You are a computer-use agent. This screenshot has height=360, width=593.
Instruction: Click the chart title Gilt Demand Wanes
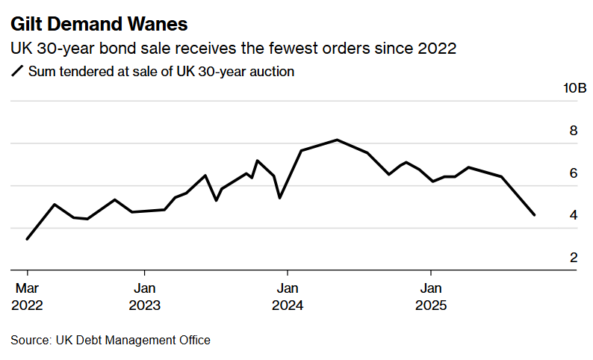(99, 25)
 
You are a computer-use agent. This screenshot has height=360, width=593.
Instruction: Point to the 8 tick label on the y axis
(574, 131)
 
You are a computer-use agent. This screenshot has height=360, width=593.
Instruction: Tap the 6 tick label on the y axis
(574, 173)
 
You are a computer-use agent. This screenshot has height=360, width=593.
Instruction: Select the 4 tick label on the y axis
(574, 215)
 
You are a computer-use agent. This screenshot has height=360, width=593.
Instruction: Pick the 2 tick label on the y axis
(574, 258)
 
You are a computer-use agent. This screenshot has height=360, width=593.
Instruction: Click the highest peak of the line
(337, 140)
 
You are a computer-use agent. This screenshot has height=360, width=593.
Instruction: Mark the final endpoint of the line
(534, 215)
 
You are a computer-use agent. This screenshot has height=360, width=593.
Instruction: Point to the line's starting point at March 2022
(27, 239)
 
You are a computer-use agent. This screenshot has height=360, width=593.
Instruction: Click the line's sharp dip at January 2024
(279, 198)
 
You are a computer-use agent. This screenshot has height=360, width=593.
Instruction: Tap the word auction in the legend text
(273, 72)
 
